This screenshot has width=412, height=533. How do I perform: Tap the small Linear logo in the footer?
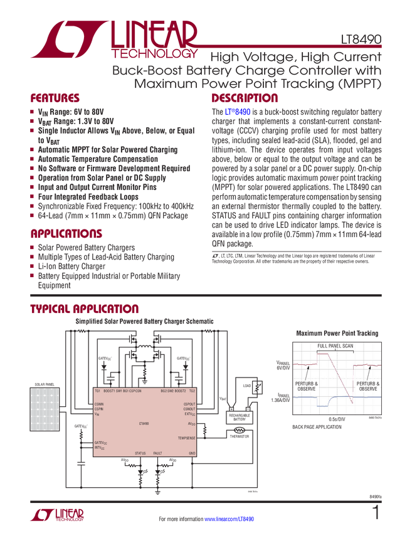(56, 513)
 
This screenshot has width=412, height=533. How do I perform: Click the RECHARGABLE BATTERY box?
(241, 417)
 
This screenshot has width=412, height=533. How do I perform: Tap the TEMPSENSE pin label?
(187, 438)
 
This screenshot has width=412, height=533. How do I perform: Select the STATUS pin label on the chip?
(140, 453)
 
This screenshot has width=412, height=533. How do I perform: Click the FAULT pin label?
(157, 453)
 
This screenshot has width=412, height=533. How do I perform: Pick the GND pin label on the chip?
(192, 453)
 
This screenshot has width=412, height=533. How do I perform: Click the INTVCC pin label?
(101, 448)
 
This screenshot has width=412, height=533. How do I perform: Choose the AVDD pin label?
(191, 423)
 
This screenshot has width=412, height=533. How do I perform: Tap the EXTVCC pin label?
(189, 414)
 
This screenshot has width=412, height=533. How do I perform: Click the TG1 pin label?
(97, 391)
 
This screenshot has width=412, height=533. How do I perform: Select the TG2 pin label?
(193, 391)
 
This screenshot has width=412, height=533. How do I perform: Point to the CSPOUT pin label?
(189, 404)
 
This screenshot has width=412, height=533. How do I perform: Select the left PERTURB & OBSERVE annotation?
(307, 385)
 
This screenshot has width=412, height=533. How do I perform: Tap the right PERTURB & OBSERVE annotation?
(367, 385)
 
